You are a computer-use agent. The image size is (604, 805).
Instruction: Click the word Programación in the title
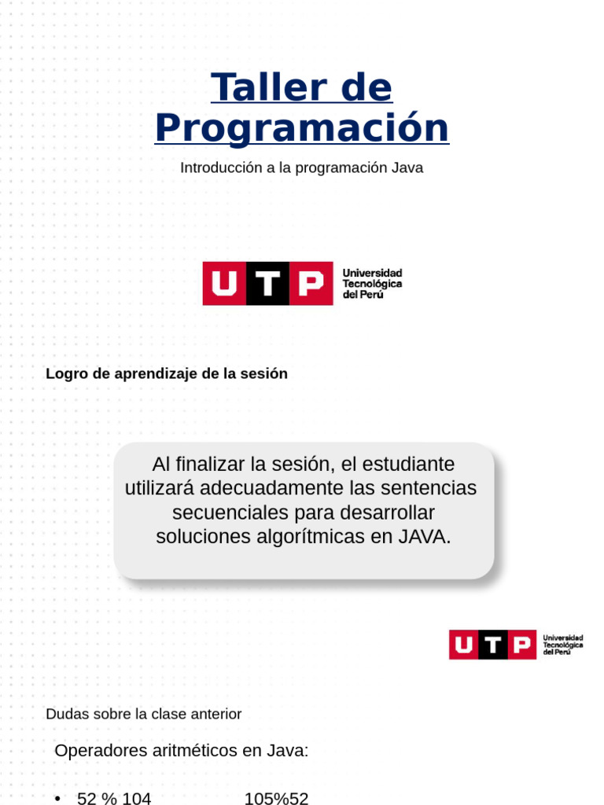(x=302, y=127)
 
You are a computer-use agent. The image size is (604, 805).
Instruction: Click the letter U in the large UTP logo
(x=224, y=283)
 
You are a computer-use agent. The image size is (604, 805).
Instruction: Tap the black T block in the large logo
(x=267, y=283)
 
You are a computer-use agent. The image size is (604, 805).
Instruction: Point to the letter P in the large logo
(x=311, y=283)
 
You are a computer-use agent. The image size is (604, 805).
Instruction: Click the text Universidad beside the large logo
(x=372, y=273)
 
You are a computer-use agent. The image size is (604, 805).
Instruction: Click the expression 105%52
(x=276, y=799)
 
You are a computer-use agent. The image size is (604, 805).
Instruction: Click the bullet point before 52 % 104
(x=58, y=799)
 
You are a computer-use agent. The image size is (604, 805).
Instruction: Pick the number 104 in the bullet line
(x=136, y=799)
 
